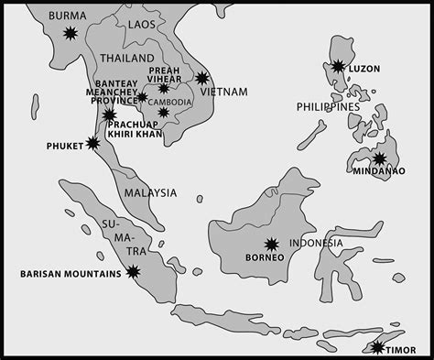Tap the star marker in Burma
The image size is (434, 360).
click(x=71, y=34)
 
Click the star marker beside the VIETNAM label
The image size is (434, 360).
click(x=202, y=79)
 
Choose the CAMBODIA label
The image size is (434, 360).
click(x=170, y=101)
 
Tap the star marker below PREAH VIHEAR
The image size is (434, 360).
click(x=163, y=89)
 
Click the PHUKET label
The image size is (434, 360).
click(x=63, y=145)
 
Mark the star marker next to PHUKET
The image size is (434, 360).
click(x=92, y=143)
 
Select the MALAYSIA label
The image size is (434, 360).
click(x=152, y=192)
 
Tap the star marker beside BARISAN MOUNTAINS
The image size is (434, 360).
click(x=134, y=271)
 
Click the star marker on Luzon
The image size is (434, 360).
click(x=339, y=66)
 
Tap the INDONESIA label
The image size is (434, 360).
click(x=316, y=243)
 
